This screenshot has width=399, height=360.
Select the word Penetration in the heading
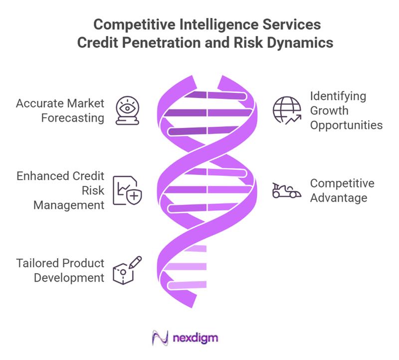click(162, 42)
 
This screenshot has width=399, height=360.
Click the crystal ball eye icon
click(127, 110)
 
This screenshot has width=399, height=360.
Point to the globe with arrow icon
click(287, 110)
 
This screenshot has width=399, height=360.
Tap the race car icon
click(287, 190)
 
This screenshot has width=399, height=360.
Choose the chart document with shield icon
click(127, 190)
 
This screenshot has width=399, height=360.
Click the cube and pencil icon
click(127, 270)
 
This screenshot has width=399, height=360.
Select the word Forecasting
click(73, 118)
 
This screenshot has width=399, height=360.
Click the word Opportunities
click(346, 125)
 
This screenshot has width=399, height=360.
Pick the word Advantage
click(339, 198)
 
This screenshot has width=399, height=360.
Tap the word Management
click(69, 205)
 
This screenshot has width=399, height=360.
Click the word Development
click(69, 278)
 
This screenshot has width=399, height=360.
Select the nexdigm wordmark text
click(196, 339)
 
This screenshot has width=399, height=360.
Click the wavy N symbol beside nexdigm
click(160, 338)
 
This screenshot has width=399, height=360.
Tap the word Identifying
click(338, 96)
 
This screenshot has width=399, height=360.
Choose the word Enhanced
click(43, 176)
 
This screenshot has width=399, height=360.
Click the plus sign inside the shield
click(134, 196)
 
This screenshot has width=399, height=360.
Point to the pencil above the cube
click(135, 262)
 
